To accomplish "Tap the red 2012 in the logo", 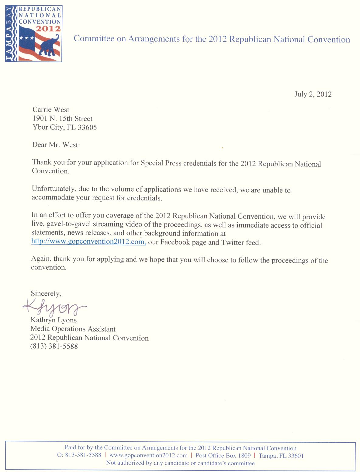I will (x=48, y=29).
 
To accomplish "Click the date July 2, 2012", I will (x=313, y=94).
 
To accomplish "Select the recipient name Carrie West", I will (x=51, y=110).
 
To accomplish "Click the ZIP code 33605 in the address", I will (x=87, y=127).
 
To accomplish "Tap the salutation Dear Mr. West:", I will (x=56, y=145).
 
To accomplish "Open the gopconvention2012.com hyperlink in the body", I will (x=88, y=242).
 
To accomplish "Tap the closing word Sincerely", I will (x=46, y=293).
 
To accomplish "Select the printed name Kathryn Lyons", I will (x=54, y=320).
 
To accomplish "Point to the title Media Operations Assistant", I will (x=73, y=329).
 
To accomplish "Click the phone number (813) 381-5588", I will (x=54, y=346).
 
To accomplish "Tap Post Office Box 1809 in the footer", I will (x=223, y=456).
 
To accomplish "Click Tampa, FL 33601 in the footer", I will (x=281, y=456).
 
